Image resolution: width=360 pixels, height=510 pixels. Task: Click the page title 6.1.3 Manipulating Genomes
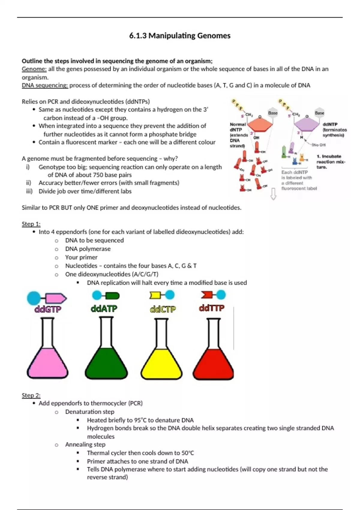[180, 36]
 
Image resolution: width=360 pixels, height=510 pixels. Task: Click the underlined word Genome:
[34, 69]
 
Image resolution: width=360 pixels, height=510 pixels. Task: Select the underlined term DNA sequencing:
[45, 85]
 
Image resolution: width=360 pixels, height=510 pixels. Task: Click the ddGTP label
[48, 309]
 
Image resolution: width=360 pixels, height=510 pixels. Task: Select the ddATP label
[104, 308]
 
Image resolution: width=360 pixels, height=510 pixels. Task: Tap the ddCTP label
[163, 309]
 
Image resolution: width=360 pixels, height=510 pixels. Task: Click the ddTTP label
[211, 308]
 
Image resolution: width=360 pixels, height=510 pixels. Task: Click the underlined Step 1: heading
[31, 224]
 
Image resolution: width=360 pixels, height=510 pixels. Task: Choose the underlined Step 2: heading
[31, 395]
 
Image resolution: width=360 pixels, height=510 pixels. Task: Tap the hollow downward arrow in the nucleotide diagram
[273, 194]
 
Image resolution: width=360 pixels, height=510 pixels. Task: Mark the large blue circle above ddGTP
[34, 298]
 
